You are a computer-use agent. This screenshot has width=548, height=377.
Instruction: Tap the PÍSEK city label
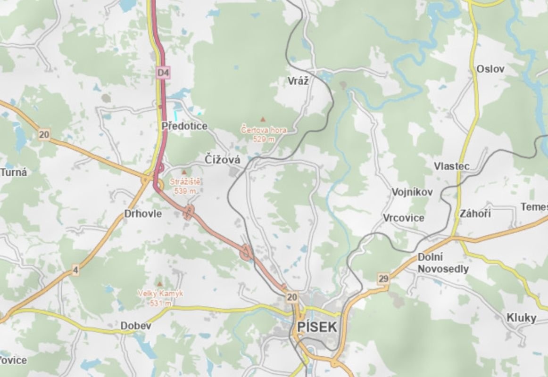tap(317, 327)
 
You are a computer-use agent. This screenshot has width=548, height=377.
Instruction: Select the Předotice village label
tap(184, 126)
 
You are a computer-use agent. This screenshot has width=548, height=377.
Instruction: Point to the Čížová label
tap(223, 160)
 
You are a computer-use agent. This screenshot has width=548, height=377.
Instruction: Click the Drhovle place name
tap(143, 213)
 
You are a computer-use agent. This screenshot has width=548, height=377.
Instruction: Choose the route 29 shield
tap(383, 279)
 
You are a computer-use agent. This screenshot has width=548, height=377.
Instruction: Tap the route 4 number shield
tap(75, 270)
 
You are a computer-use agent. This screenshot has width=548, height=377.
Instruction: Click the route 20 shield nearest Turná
tap(44, 135)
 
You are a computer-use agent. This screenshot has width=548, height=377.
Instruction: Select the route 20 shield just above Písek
tap(292, 296)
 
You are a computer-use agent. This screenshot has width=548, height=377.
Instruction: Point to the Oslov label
tap(490, 69)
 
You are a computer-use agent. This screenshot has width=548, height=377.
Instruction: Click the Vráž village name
tap(298, 81)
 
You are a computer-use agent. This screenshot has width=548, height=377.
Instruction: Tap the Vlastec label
tap(451, 166)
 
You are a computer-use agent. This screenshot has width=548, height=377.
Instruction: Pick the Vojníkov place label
tap(412, 192)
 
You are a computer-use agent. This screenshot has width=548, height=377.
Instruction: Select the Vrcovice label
tap(404, 218)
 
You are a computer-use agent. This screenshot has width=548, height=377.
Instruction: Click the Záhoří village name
tap(475, 213)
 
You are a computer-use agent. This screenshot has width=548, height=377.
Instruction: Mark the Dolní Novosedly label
tap(443, 263)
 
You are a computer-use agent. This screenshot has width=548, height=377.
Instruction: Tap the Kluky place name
tap(521, 318)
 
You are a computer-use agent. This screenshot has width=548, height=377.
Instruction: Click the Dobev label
tap(136, 326)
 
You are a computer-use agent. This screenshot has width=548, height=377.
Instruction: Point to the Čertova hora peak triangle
tap(263, 120)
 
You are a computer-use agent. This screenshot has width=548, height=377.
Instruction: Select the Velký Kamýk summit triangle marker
tap(160, 284)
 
